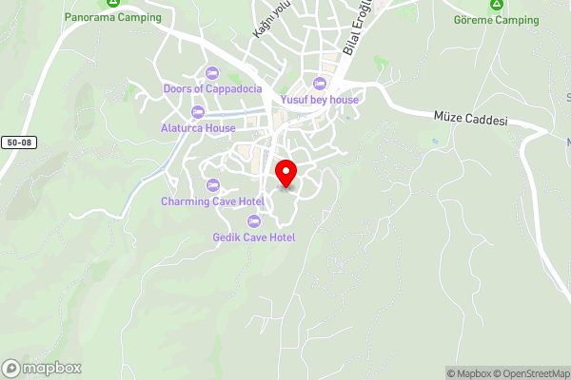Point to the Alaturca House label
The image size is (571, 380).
pos(198,127)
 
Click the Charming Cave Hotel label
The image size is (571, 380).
pos(212,201)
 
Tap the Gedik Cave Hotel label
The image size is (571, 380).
pos(254,237)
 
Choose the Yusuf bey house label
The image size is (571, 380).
pos(319,99)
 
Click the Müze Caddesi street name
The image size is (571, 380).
pos(470,122)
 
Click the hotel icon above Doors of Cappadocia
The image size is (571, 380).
pos(211,72)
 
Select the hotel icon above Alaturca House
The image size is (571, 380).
pos(198,112)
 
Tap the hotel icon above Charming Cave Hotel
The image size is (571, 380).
pos(212,185)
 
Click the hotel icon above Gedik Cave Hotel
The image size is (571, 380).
pos(254,221)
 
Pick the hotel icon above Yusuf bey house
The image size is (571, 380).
pos(320,83)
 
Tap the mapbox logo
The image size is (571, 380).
pos(42,368)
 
